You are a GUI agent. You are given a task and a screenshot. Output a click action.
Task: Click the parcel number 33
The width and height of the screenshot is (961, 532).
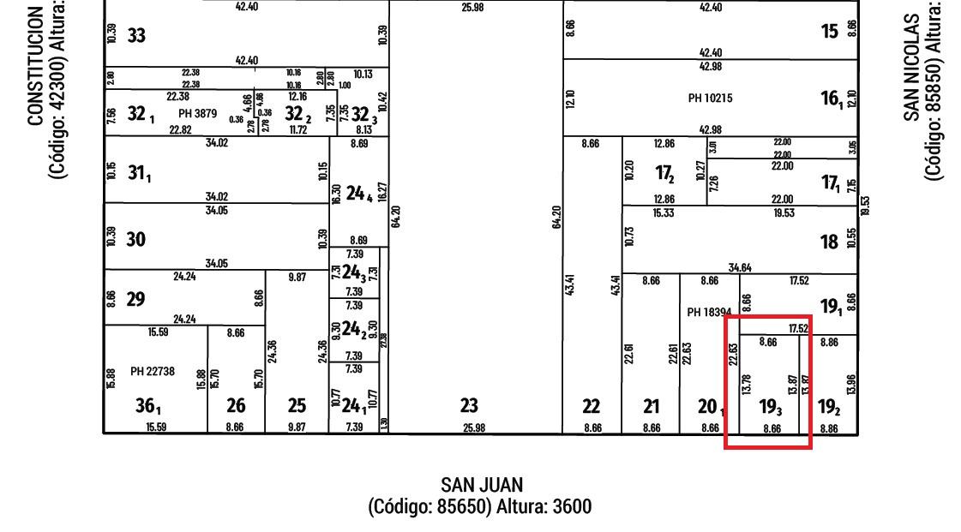136,36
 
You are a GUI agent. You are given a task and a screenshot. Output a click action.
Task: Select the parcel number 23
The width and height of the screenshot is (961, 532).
469,405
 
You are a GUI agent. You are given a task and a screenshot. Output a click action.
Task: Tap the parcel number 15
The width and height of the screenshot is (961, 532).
829,32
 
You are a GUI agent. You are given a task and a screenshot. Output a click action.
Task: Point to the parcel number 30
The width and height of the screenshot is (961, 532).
136,240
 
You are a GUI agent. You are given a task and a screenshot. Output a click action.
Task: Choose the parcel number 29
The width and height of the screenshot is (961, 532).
136,299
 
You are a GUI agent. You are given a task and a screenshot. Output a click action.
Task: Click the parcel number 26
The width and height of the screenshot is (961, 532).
236,405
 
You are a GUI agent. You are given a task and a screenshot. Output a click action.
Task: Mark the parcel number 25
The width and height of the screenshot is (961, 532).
297,405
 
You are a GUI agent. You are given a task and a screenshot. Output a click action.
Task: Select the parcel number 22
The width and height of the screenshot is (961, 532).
592,406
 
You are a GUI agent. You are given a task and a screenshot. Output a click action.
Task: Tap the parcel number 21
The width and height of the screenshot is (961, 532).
652,406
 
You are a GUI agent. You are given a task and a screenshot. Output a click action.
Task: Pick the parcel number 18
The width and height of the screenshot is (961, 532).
829,242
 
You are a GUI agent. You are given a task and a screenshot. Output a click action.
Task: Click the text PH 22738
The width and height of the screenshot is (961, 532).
153,371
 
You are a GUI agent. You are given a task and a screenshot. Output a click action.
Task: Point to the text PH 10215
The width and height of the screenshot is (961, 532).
711,99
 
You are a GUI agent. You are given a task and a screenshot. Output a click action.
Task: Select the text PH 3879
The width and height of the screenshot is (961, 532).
197,113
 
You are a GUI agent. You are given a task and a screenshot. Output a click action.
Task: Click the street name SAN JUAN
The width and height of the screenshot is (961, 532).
481,486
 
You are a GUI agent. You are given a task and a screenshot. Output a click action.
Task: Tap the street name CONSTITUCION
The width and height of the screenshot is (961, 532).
36,66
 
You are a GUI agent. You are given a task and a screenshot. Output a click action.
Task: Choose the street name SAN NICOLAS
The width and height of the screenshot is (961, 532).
914,66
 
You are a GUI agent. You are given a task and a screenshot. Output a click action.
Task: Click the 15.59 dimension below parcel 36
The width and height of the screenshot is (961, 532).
155,427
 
